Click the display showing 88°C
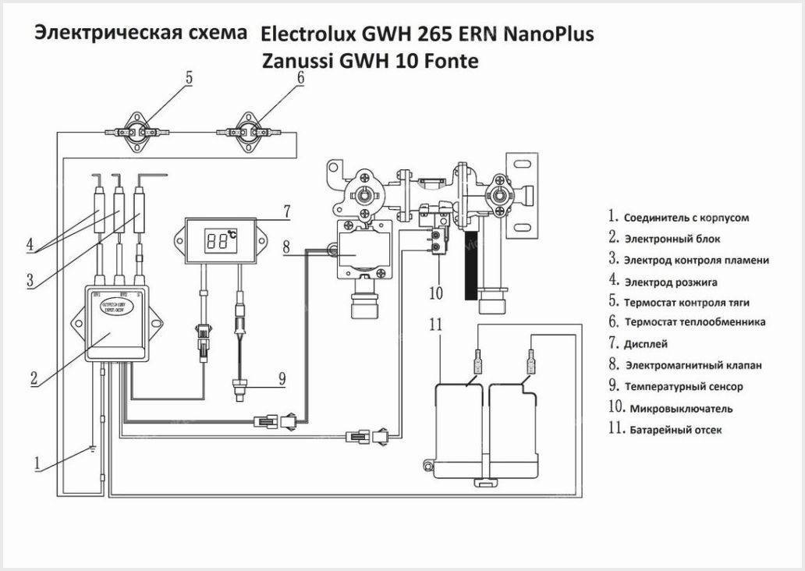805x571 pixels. click(x=222, y=243)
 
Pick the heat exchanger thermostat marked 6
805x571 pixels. click(x=251, y=133)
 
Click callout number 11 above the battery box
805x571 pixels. click(x=436, y=325)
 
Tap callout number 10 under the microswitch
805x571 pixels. click(x=435, y=293)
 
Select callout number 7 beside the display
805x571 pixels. click(x=286, y=211)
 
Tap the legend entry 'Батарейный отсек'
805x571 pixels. click(x=676, y=429)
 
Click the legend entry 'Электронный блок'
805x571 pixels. click(x=671, y=239)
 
